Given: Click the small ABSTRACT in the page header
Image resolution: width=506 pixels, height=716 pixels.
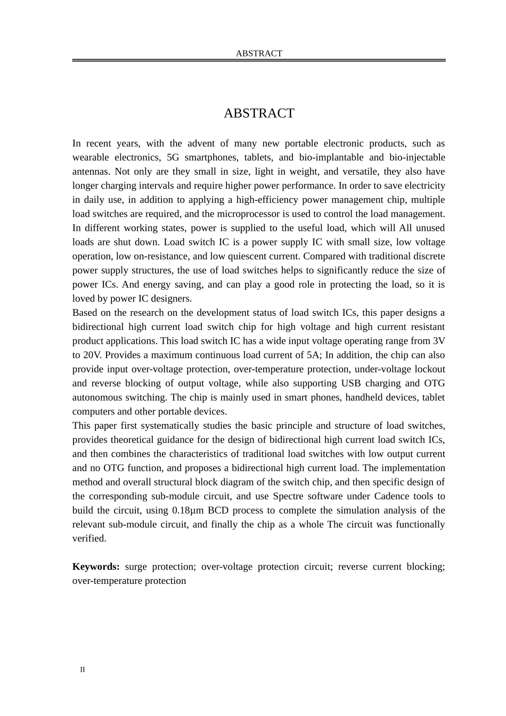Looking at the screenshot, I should click(259, 53).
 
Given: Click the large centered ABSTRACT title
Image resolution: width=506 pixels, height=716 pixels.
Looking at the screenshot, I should click(259, 113).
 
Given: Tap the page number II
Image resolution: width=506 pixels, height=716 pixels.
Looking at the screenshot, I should click(83, 670).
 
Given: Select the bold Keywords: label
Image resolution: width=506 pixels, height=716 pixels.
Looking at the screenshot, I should click(96, 567).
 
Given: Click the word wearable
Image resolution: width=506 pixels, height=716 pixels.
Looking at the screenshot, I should click(89, 158).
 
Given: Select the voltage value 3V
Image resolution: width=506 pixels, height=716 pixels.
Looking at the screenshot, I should click(438, 341).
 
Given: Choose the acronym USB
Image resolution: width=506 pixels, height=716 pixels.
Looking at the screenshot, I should click(352, 384).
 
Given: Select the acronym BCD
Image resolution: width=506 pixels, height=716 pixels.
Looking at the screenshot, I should click(218, 510).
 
